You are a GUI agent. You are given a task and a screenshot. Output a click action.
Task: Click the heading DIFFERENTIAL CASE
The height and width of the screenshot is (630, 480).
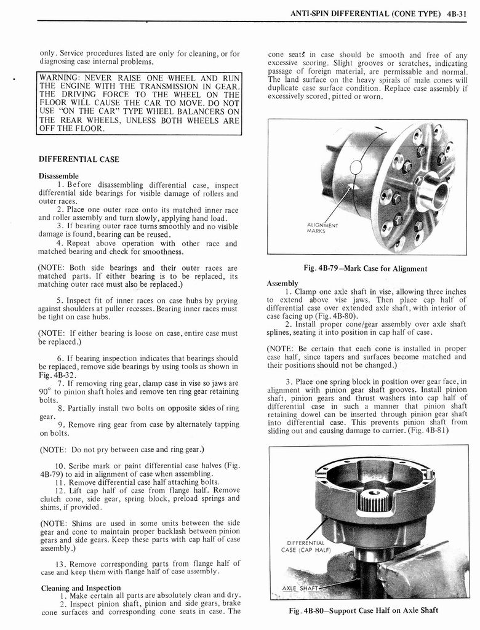pos(79,159)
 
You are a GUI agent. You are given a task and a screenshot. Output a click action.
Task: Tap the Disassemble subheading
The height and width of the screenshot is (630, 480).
pos(58,176)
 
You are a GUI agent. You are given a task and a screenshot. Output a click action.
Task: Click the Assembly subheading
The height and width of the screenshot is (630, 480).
pos(282,283)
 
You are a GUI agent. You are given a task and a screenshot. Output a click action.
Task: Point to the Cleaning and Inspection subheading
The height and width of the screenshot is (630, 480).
pos(81,588)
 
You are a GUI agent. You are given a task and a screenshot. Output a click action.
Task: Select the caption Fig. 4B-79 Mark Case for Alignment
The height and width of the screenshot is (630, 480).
pos(366,268)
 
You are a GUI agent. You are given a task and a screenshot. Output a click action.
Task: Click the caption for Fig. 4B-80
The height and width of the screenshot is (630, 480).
pos(364,610)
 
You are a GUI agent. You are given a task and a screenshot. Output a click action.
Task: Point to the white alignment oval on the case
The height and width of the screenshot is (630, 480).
pos(356,167)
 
